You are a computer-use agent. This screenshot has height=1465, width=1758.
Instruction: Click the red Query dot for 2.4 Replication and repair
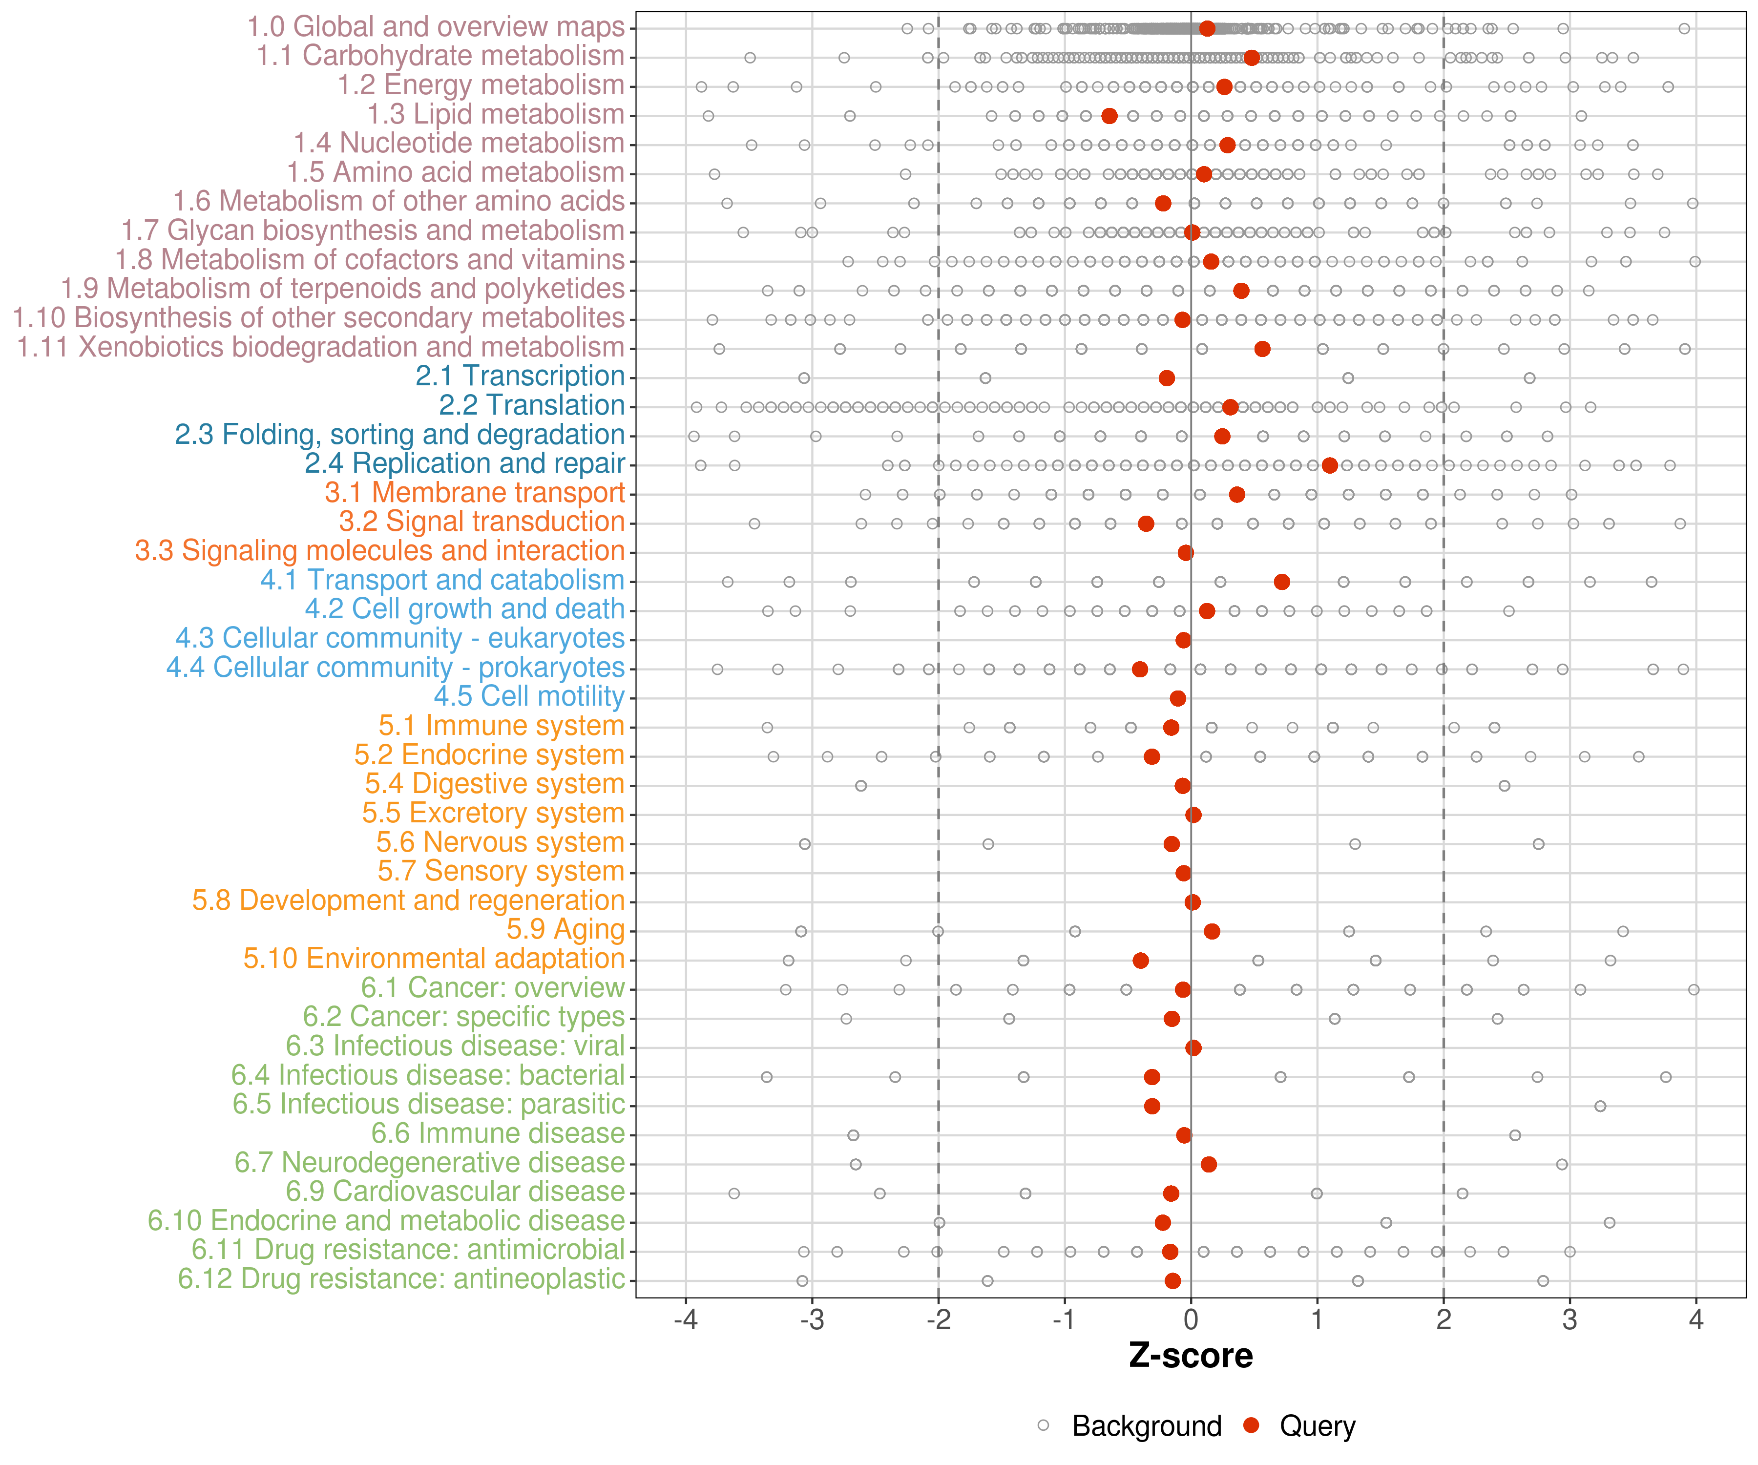(x=1329, y=465)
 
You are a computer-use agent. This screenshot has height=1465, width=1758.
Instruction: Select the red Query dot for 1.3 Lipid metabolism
(x=1109, y=116)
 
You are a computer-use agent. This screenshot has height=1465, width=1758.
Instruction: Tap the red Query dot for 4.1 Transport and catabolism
(x=1282, y=582)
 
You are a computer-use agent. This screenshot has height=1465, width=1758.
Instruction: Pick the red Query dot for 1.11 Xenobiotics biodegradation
(x=1262, y=349)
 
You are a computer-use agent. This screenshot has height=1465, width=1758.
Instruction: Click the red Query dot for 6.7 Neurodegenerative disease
(x=1209, y=1165)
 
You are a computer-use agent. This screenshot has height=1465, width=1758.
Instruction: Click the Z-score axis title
(x=1191, y=1356)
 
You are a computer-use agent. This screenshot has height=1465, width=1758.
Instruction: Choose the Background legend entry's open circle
(x=1043, y=1425)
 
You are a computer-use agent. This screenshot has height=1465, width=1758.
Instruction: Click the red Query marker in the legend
(x=1252, y=1425)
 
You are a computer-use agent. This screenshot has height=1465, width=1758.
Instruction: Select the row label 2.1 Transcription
(x=520, y=377)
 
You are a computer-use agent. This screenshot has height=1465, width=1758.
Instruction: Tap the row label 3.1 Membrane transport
(x=475, y=493)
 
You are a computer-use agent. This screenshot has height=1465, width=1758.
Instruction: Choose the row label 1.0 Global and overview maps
(x=435, y=28)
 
